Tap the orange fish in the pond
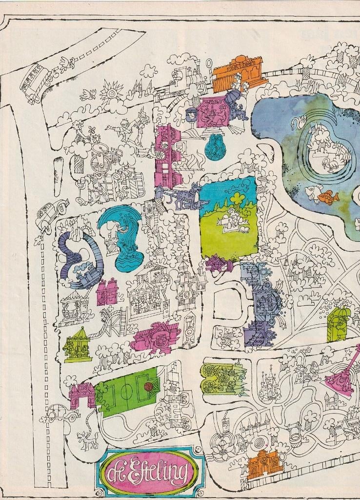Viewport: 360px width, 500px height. [328, 197]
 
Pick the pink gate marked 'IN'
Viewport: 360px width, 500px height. [82, 396]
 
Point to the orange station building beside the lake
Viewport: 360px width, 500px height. [239, 73]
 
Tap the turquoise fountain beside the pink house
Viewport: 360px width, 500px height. [216, 147]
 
